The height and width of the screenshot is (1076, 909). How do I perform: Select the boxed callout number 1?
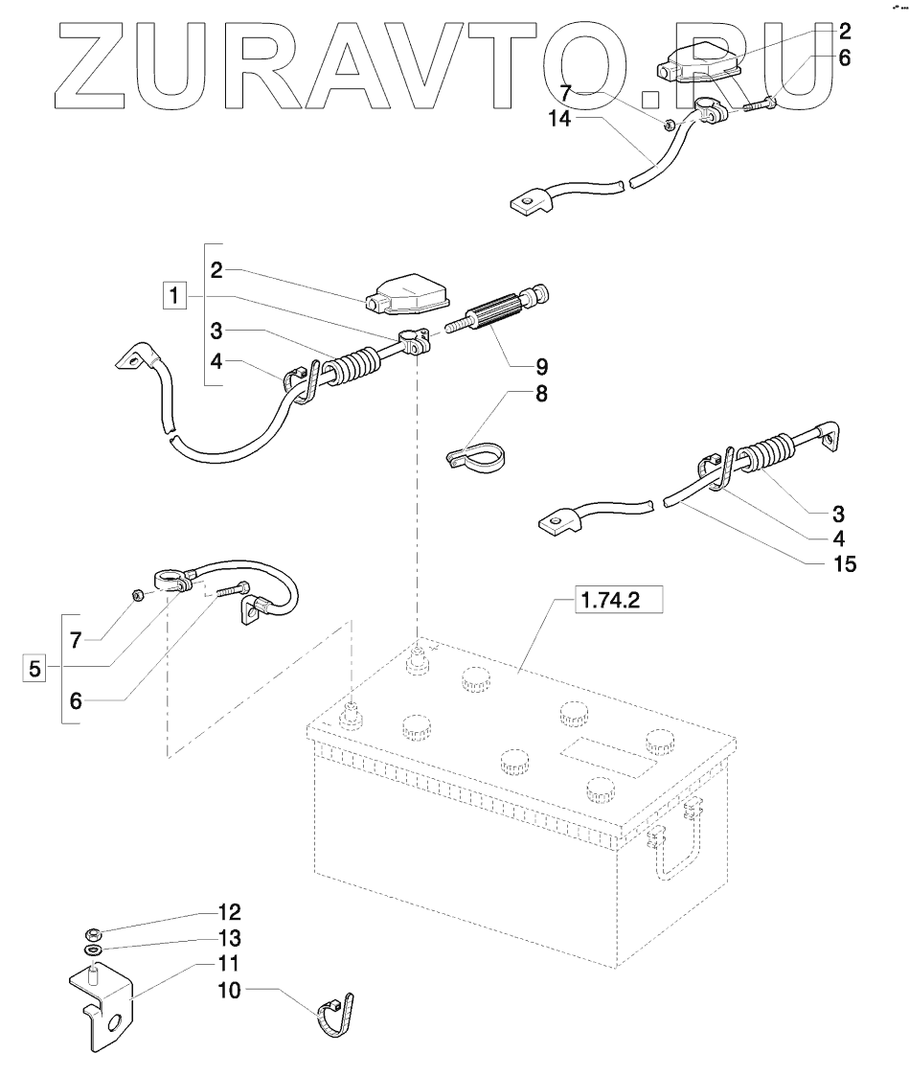click(x=173, y=297)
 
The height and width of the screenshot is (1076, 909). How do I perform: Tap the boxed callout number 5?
click(x=34, y=669)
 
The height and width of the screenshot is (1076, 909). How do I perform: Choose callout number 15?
click(x=843, y=563)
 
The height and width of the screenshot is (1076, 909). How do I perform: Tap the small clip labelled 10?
click(x=335, y=1016)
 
